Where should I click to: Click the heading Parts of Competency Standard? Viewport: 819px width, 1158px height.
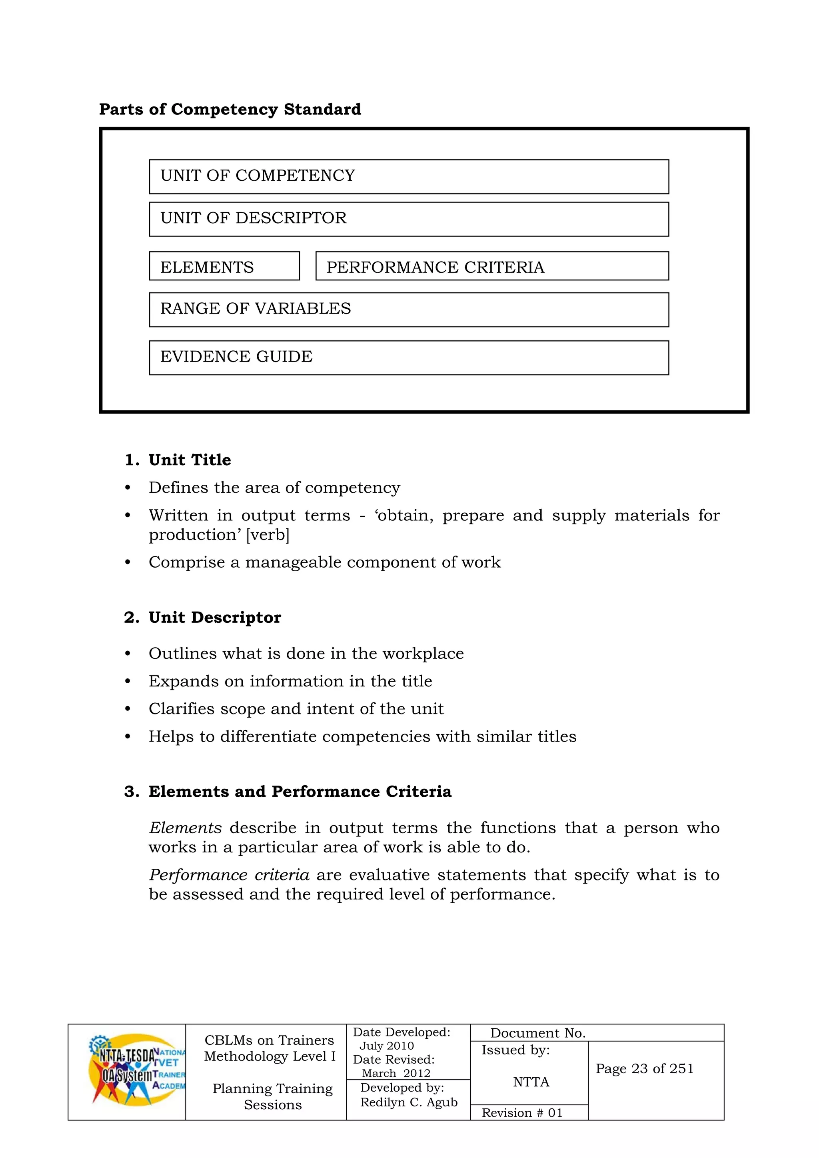[x=230, y=110]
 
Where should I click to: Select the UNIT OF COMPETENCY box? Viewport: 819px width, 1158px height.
[x=408, y=176]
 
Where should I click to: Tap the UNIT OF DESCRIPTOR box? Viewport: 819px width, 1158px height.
[x=408, y=219]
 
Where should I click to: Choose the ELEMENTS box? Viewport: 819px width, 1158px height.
[x=224, y=266]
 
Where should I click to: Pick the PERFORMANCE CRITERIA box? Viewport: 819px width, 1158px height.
[x=492, y=266]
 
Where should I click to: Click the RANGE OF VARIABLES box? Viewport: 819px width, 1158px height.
[x=408, y=309]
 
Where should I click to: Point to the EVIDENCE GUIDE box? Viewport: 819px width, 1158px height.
[x=408, y=357]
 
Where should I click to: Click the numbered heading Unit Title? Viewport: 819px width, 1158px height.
[x=190, y=460]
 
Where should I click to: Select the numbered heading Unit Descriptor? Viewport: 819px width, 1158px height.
[x=214, y=617]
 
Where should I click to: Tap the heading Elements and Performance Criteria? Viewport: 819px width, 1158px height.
[x=300, y=791]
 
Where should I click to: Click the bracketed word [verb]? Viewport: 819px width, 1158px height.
[x=268, y=535]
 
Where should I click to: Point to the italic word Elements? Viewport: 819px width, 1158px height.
[x=185, y=828]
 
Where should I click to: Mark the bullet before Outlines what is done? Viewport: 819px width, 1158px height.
[x=128, y=654]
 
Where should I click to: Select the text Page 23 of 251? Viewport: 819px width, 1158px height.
[x=645, y=1069]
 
